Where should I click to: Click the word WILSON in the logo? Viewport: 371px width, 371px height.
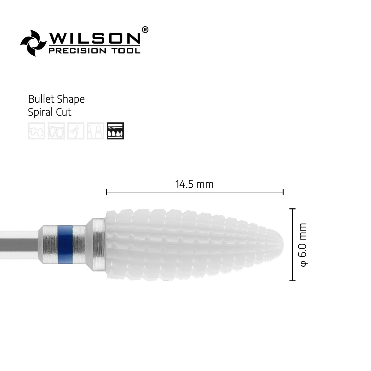[x=95, y=38]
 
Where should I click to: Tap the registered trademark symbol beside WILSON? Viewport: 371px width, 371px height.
[x=145, y=30]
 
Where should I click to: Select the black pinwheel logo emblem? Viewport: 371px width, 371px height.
[x=33, y=43]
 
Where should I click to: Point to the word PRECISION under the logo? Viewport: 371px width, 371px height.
[x=77, y=51]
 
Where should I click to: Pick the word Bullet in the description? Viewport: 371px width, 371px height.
[x=41, y=99]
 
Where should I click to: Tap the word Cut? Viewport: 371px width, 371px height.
[x=64, y=112]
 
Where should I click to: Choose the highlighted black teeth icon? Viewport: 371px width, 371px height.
[x=115, y=131]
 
